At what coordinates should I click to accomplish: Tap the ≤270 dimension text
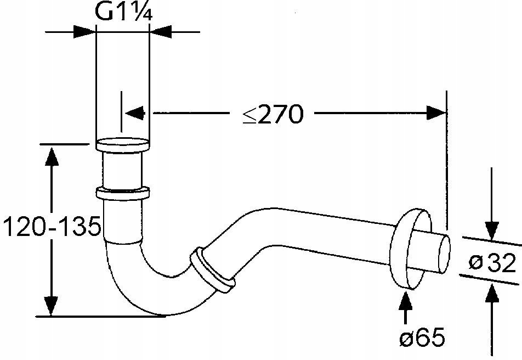[273, 114]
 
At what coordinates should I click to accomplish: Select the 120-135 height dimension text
[52, 226]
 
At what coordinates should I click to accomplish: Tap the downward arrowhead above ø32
[492, 230]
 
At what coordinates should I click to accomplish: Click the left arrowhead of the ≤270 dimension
[135, 114]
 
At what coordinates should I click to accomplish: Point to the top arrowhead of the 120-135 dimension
[52, 156]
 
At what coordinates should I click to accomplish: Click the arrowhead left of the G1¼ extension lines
[84, 32]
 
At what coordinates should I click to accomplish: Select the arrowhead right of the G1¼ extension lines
[161, 32]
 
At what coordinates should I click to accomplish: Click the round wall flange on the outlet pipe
[410, 249]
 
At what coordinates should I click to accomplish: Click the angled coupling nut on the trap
[212, 270]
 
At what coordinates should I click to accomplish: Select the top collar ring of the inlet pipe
[122, 145]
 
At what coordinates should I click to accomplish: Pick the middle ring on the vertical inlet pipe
[122, 193]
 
